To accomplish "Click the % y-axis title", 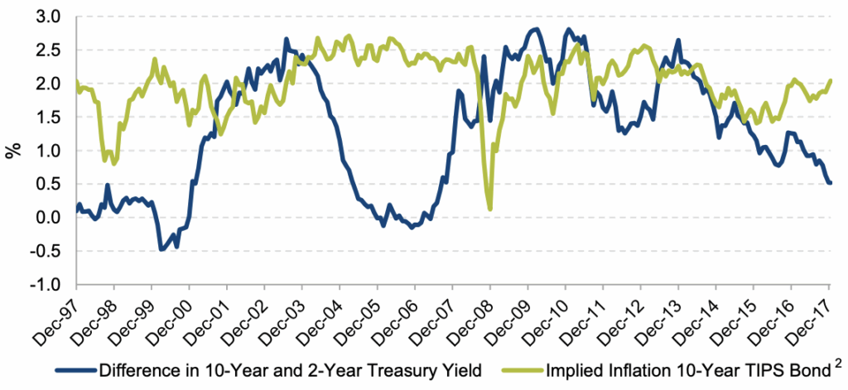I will click(13, 150).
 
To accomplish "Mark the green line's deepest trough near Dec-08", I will click(490, 209).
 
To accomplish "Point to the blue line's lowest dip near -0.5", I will click(161, 248).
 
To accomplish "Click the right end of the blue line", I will click(830, 183).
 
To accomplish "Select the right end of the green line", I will click(830, 80).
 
